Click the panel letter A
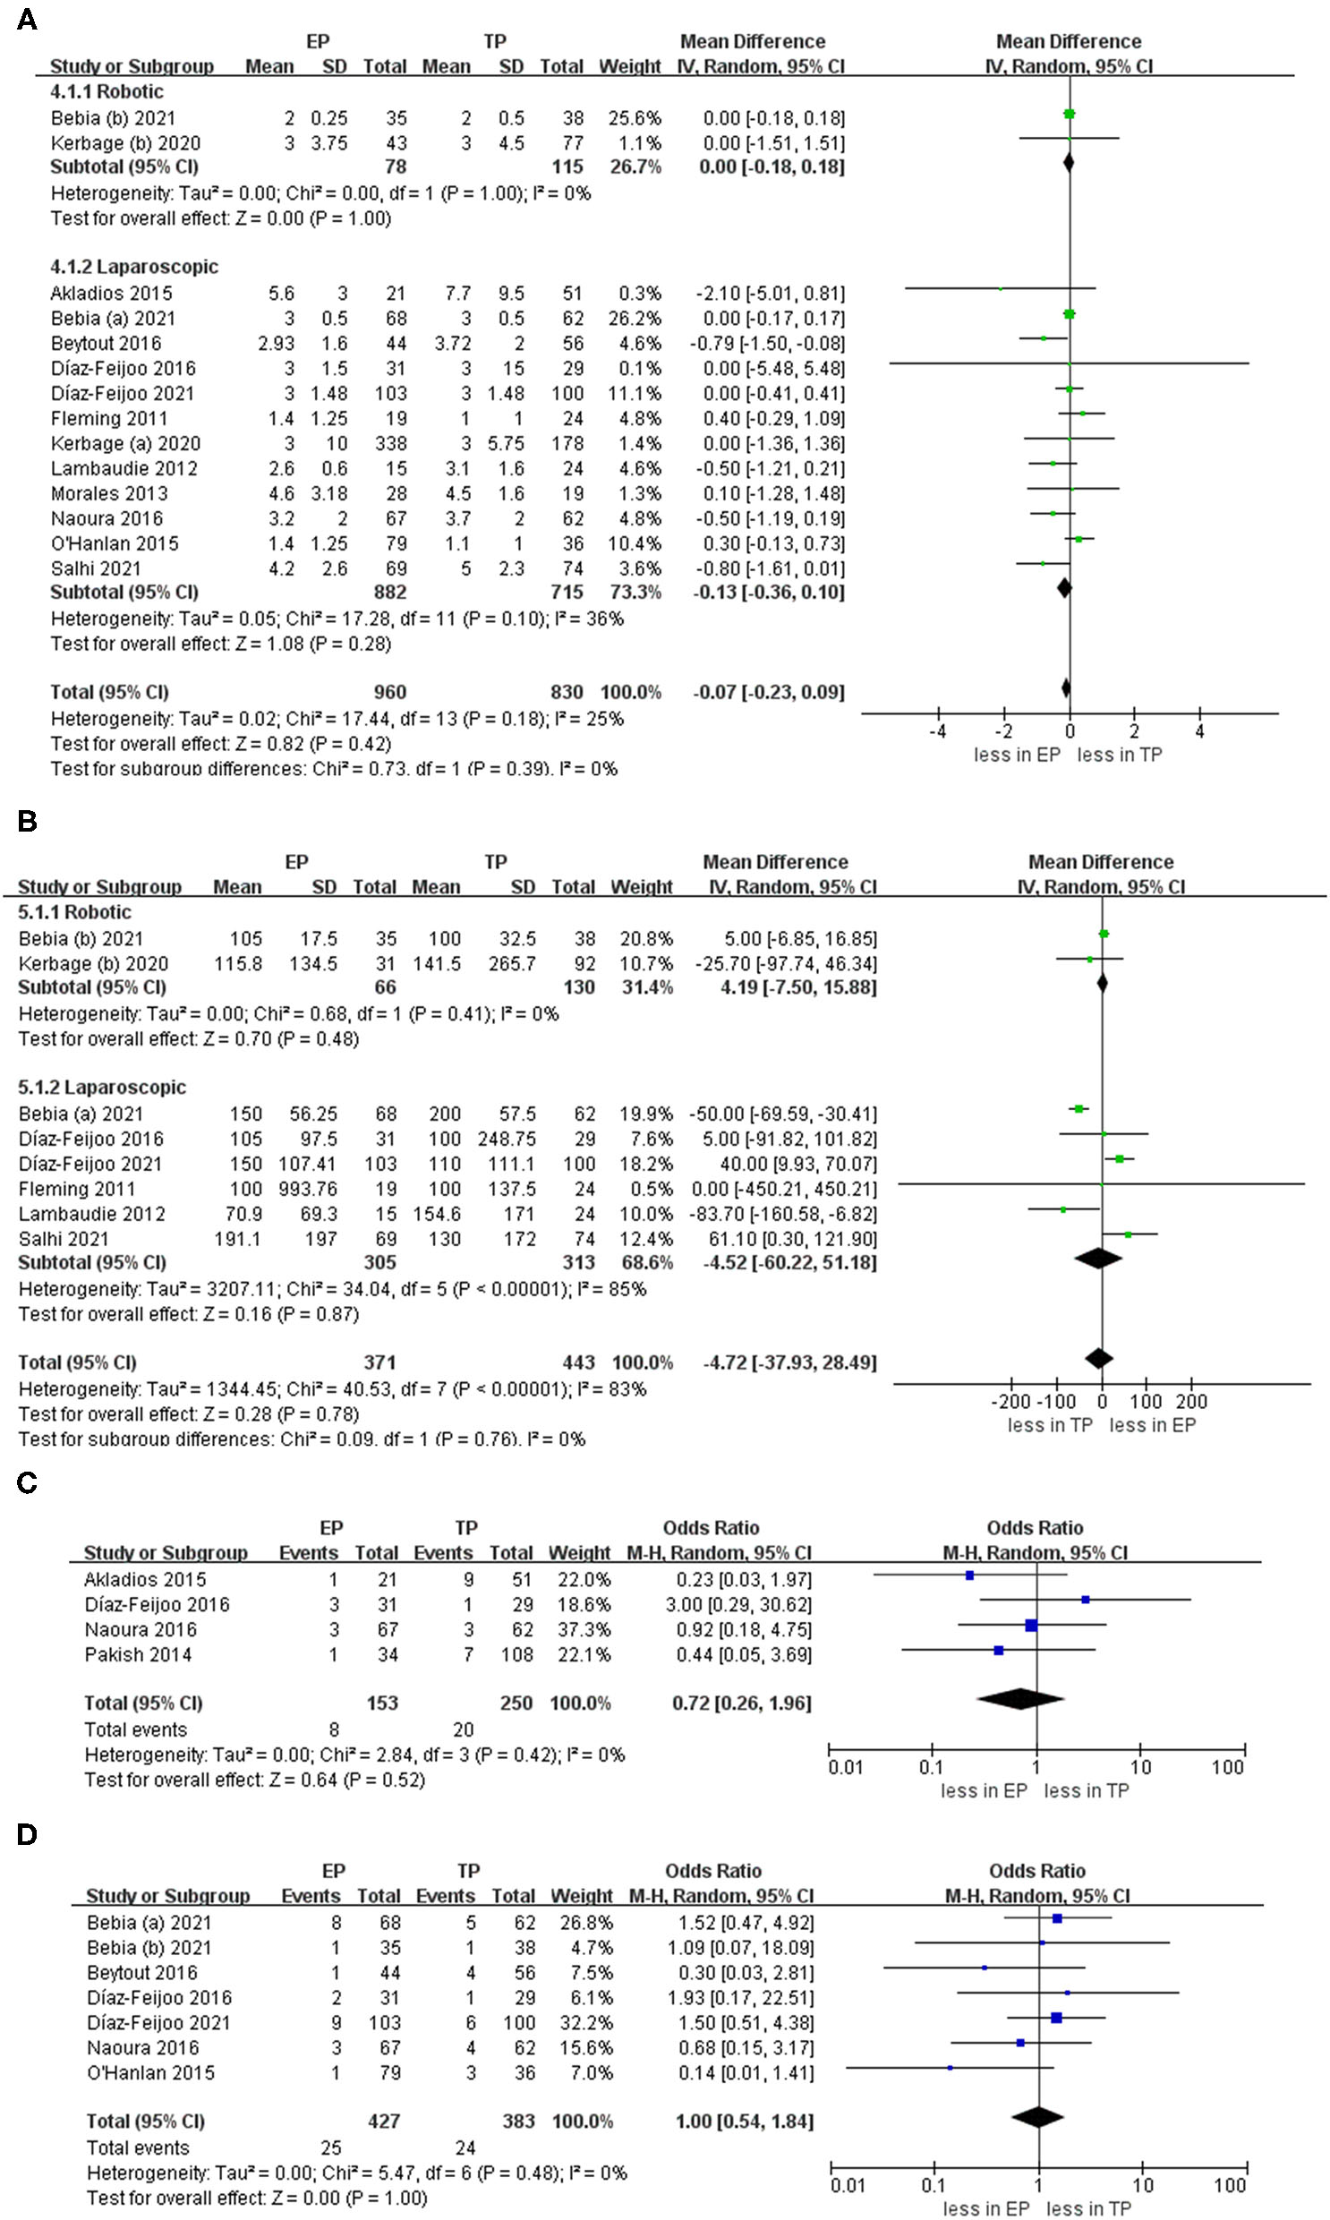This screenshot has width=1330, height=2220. point(27,20)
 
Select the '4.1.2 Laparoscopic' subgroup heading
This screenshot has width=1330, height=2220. point(133,267)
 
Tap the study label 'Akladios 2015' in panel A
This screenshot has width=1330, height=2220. point(111,293)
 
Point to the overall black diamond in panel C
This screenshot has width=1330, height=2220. point(1020,1697)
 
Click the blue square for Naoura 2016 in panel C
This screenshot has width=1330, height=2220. point(1031,1626)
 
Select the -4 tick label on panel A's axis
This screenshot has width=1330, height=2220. point(937,731)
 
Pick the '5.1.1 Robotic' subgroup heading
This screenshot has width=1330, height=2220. point(74,912)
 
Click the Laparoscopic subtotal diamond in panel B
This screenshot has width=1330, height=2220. point(1098,1259)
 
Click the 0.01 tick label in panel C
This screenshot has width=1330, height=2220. point(845,1767)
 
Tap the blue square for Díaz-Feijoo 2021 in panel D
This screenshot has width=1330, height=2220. point(1057,2018)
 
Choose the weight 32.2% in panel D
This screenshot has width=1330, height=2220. point(582,2023)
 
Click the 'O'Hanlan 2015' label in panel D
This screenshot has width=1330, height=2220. point(150,2073)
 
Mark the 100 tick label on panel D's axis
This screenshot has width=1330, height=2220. point(1230,2186)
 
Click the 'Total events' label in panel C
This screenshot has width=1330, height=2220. point(135,1729)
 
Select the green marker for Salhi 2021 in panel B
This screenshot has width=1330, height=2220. point(1128,1235)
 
